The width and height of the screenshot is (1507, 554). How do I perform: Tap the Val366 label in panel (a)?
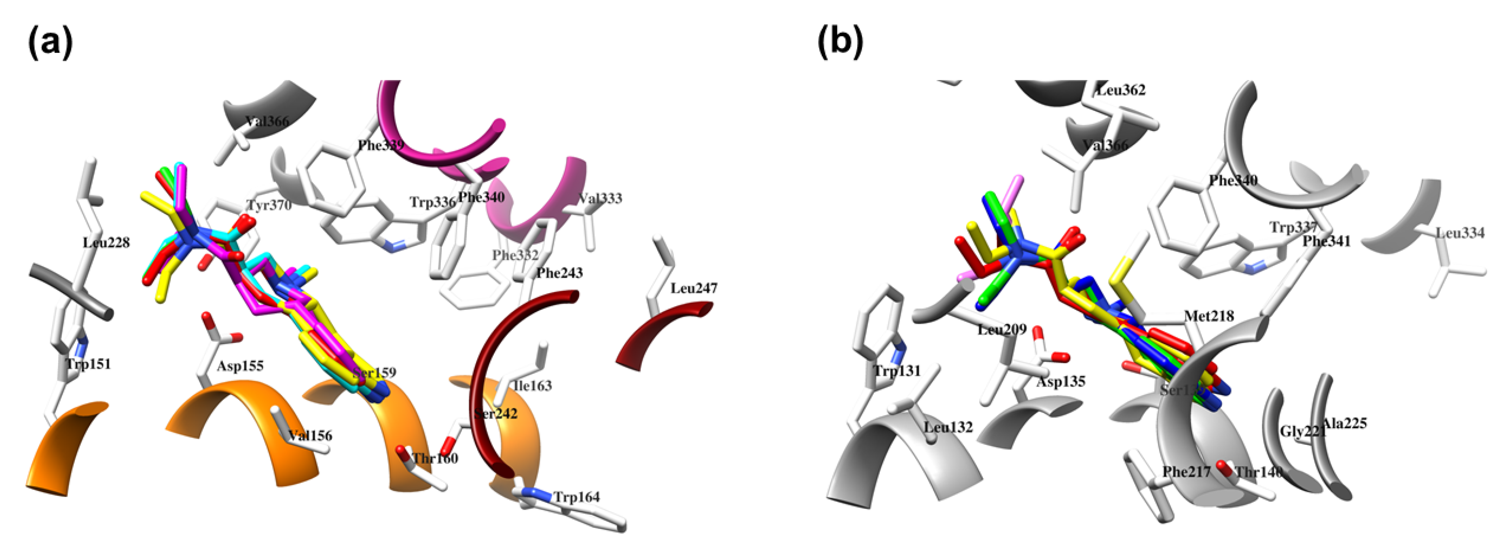click(267, 122)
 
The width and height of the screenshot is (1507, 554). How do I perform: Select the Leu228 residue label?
click(106, 242)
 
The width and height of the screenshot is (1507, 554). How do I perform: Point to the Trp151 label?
click(88, 364)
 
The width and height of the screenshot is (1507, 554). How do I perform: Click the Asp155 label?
click(240, 366)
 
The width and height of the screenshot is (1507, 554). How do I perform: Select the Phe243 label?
click(559, 273)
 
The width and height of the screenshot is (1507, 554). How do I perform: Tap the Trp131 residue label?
click(897, 371)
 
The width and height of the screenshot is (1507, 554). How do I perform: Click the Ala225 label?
click(1344, 423)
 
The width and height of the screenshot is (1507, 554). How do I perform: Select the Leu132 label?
click(948, 427)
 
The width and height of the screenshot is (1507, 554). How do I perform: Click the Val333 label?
click(600, 198)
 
